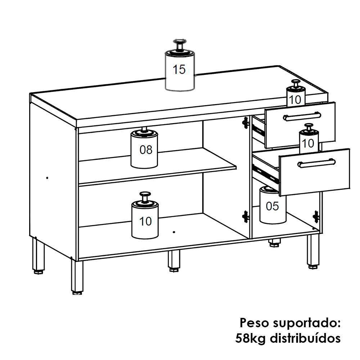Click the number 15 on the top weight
click(x=179, y=69)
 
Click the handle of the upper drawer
click(x=302, y=116)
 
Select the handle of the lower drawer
click(x=316, y=163)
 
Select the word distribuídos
click(x=305, y=338)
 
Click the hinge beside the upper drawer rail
click(x=246, y=123)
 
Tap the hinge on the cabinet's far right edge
click(x=316, y=217)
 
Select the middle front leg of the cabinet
click(x=174, y=261)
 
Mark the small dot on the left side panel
click(x=48, y=178)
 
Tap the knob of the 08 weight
click(x=144, y=129)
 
